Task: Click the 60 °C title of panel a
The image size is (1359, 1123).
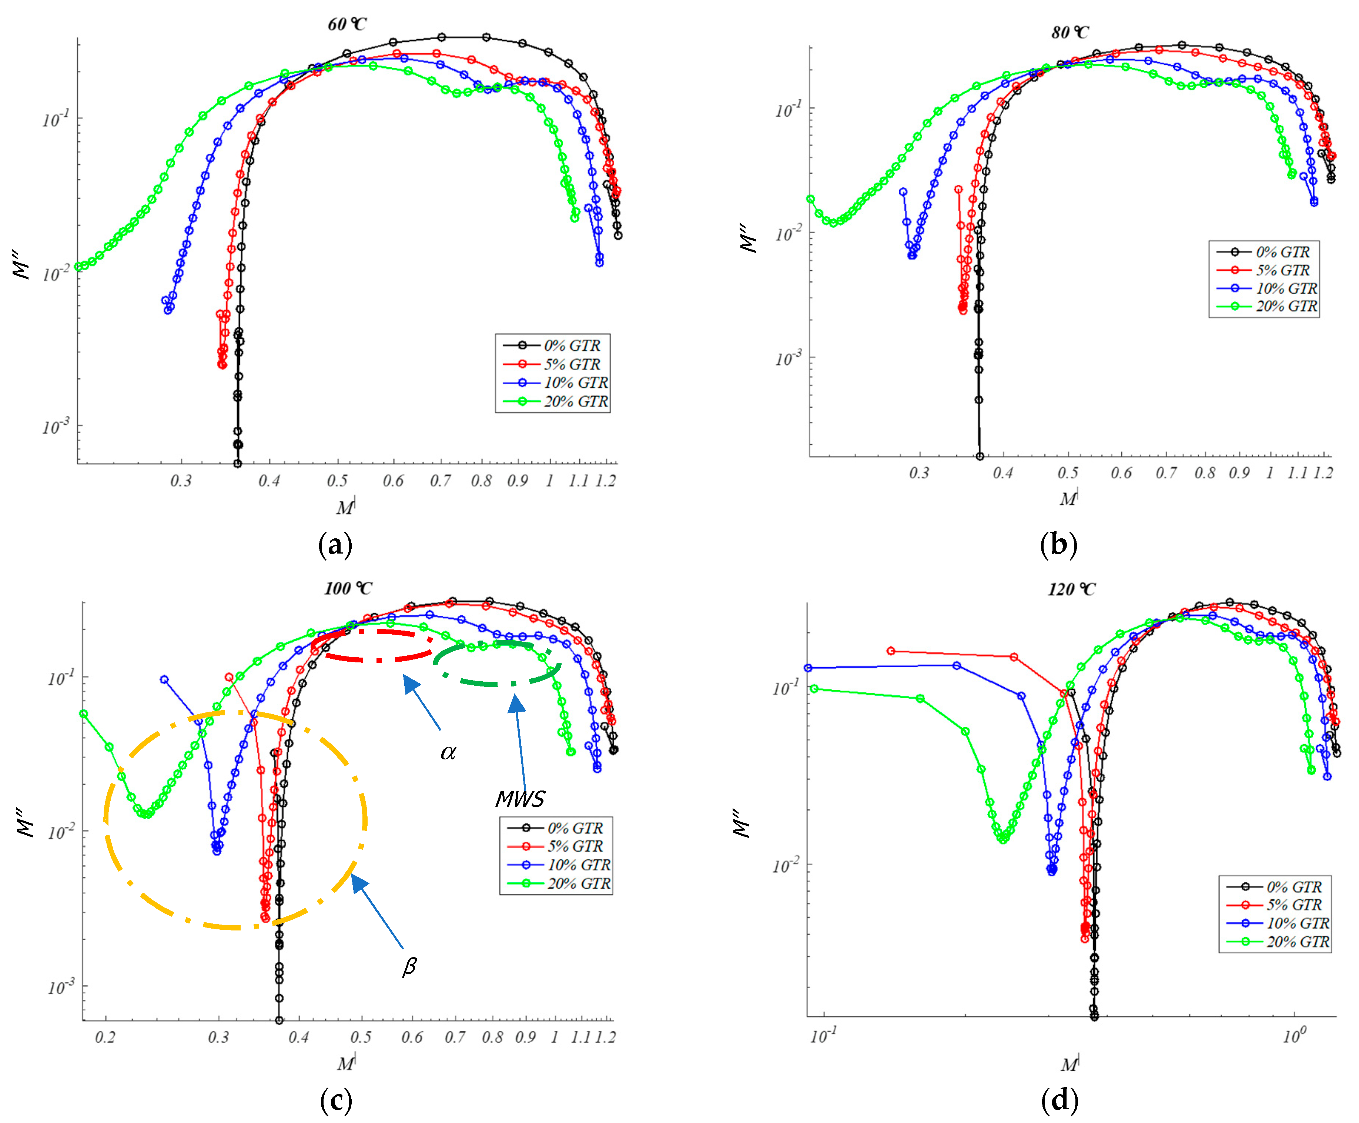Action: (347, 24)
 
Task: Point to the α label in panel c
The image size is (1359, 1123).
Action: (448, 752)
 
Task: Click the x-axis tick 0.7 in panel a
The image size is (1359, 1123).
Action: (441, 481)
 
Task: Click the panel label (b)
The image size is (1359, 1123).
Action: (1058, 544)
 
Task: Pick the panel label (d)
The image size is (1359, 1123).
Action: (1060, 1100)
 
